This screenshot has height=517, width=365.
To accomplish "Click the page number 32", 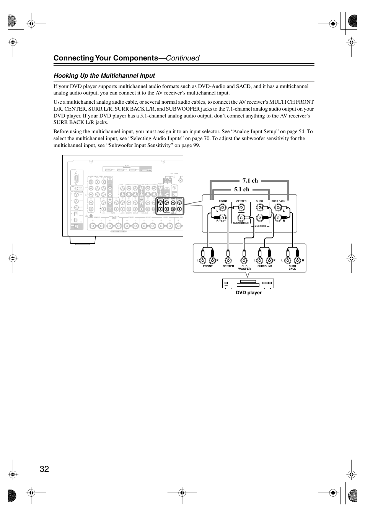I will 44,469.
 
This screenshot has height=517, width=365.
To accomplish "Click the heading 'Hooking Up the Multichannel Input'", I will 104,76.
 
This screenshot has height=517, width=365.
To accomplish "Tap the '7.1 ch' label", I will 250,181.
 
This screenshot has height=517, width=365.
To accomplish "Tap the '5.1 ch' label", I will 241,189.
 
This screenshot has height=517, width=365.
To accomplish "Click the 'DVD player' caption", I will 249,293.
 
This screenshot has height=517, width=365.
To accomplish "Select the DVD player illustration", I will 248,284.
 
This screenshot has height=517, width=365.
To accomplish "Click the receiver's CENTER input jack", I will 241,208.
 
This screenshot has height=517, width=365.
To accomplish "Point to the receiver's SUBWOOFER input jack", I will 241,218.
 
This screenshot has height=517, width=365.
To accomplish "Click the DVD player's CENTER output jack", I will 228,261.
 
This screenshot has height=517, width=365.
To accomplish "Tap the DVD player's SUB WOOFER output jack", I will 244,261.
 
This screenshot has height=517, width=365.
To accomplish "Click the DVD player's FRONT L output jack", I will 203,261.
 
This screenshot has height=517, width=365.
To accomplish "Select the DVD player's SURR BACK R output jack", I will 297,261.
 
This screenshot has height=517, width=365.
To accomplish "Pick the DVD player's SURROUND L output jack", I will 260,261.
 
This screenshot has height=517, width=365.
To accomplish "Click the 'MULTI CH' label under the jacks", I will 260,226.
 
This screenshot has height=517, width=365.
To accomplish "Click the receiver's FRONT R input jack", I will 223,218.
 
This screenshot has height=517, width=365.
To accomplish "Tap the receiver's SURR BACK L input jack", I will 278,208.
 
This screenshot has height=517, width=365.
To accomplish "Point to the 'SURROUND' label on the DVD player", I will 265,266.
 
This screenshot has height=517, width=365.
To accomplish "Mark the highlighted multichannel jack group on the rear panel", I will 170,205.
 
